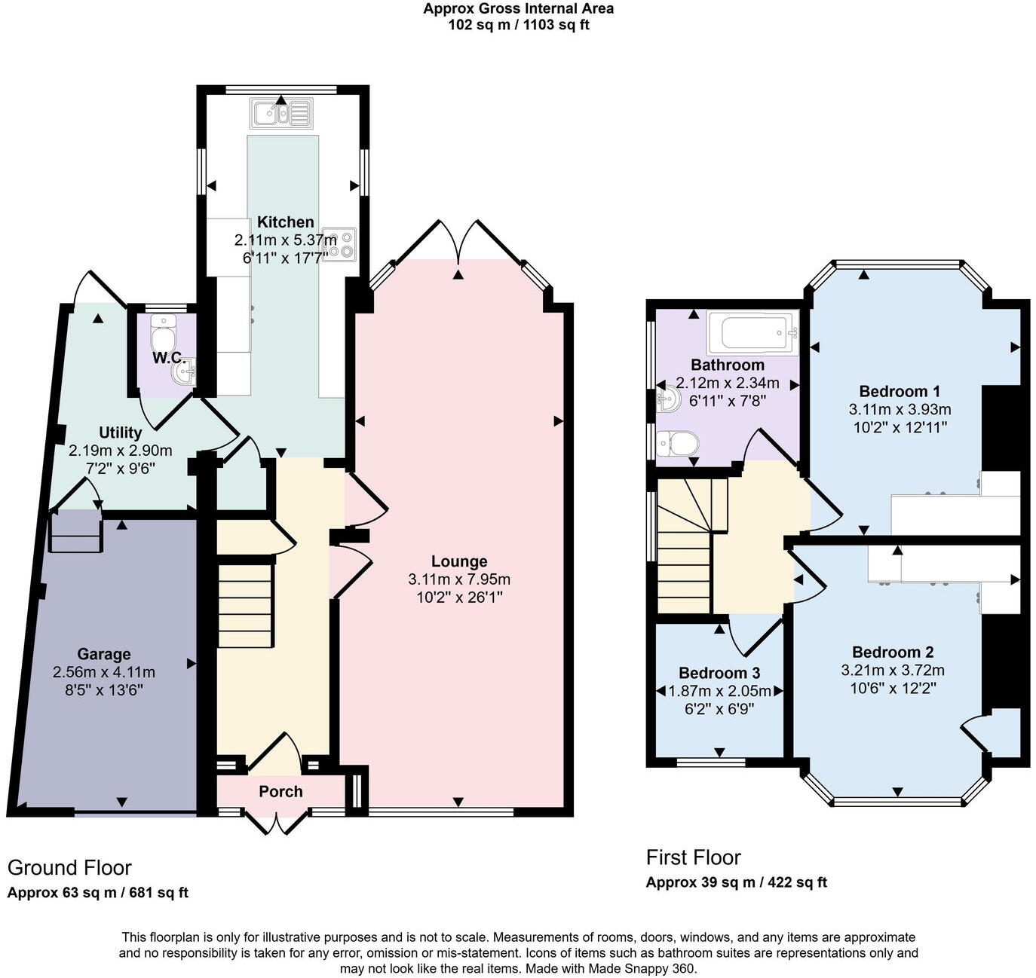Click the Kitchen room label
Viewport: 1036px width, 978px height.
point(285,222)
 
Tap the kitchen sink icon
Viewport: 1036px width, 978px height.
point(280,115)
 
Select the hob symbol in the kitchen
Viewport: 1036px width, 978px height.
point(339,243)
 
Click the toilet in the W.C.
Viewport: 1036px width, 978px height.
point(162,329)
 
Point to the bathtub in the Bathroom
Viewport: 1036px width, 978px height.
point(751,332)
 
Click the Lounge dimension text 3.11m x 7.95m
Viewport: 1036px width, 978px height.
point(458,579)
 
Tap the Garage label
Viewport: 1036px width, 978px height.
point(103,654)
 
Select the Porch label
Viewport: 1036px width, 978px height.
point(280,791)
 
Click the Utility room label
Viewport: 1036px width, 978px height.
point(121,432)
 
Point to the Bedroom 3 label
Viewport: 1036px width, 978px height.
point(719,673)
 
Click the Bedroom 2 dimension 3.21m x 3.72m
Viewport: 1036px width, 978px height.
point(893,671)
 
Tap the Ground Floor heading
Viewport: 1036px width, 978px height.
point(69,868)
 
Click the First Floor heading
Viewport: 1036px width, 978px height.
point(693,857)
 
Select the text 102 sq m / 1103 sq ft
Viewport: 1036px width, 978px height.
point(518,24)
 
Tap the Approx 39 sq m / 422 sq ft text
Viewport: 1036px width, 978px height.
point(736,882)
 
